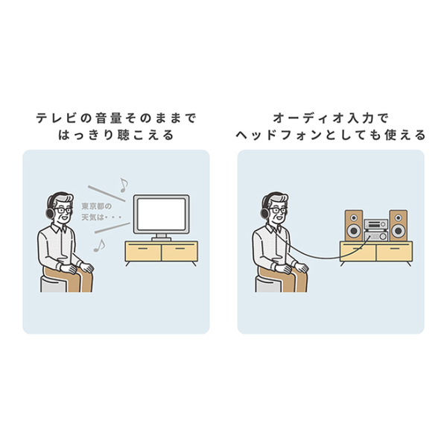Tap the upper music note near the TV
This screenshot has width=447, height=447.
[x=124, y=186]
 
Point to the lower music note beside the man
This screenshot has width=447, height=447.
[x=99, y=246]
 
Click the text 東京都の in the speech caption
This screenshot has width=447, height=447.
[x=97, y=206]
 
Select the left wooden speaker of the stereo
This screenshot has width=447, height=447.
[x=354, y=226]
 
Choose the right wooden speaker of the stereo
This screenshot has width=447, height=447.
[x=399, y=226]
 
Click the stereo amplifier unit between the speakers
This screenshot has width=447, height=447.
[x=376, y=230]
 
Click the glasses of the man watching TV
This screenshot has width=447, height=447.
[x=63, y=211]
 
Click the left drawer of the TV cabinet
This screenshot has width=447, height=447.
[x=143, y=253]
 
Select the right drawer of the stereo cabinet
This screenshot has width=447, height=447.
[x=394, y=253]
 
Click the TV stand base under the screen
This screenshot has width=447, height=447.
[x=162, y=239]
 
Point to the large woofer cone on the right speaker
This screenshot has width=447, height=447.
[x=399, y=230]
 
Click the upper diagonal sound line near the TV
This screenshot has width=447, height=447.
[x=107, y=194]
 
